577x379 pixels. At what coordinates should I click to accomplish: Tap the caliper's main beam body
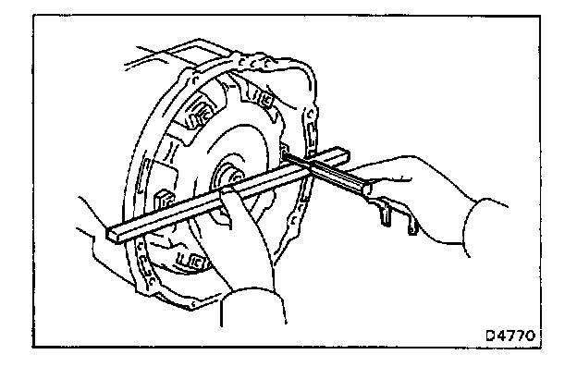(338, 176)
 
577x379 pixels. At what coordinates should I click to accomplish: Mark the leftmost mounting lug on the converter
(158, 200)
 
